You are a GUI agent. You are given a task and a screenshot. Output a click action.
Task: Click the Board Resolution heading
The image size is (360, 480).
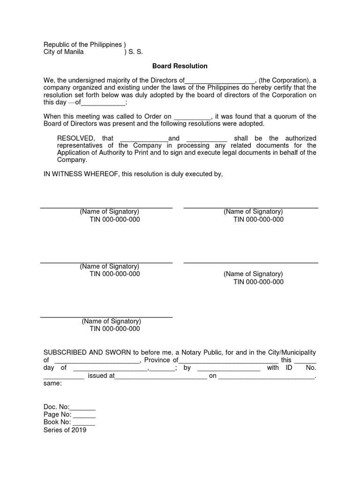(180, 66)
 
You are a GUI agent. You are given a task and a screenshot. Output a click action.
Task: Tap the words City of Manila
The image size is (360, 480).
(64, 52)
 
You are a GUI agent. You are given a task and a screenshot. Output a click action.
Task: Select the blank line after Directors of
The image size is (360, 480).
(220, 81)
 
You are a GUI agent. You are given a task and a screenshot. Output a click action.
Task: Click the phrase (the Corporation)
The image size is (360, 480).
(284, 80)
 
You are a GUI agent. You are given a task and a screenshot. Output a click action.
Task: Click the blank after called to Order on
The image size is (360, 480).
(193, 117)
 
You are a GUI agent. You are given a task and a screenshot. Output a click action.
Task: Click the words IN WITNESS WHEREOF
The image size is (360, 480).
(82, 174)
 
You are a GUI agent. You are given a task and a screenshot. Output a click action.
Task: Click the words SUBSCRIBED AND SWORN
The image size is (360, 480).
(88, 352)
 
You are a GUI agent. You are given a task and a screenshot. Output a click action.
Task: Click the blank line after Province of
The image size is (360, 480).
(229, 360)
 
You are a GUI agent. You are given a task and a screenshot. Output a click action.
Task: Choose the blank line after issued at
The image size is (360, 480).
(161, 376)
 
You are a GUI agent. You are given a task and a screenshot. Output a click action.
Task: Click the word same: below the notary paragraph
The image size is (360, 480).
(52, 383)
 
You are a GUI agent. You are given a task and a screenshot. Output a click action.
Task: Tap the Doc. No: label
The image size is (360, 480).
(56, 407)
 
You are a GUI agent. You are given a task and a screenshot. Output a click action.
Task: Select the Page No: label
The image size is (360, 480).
(58, 414)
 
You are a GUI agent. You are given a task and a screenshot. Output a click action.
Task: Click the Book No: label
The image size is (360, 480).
(58, 422)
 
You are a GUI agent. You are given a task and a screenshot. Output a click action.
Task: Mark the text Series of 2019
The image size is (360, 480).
(65, 430)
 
